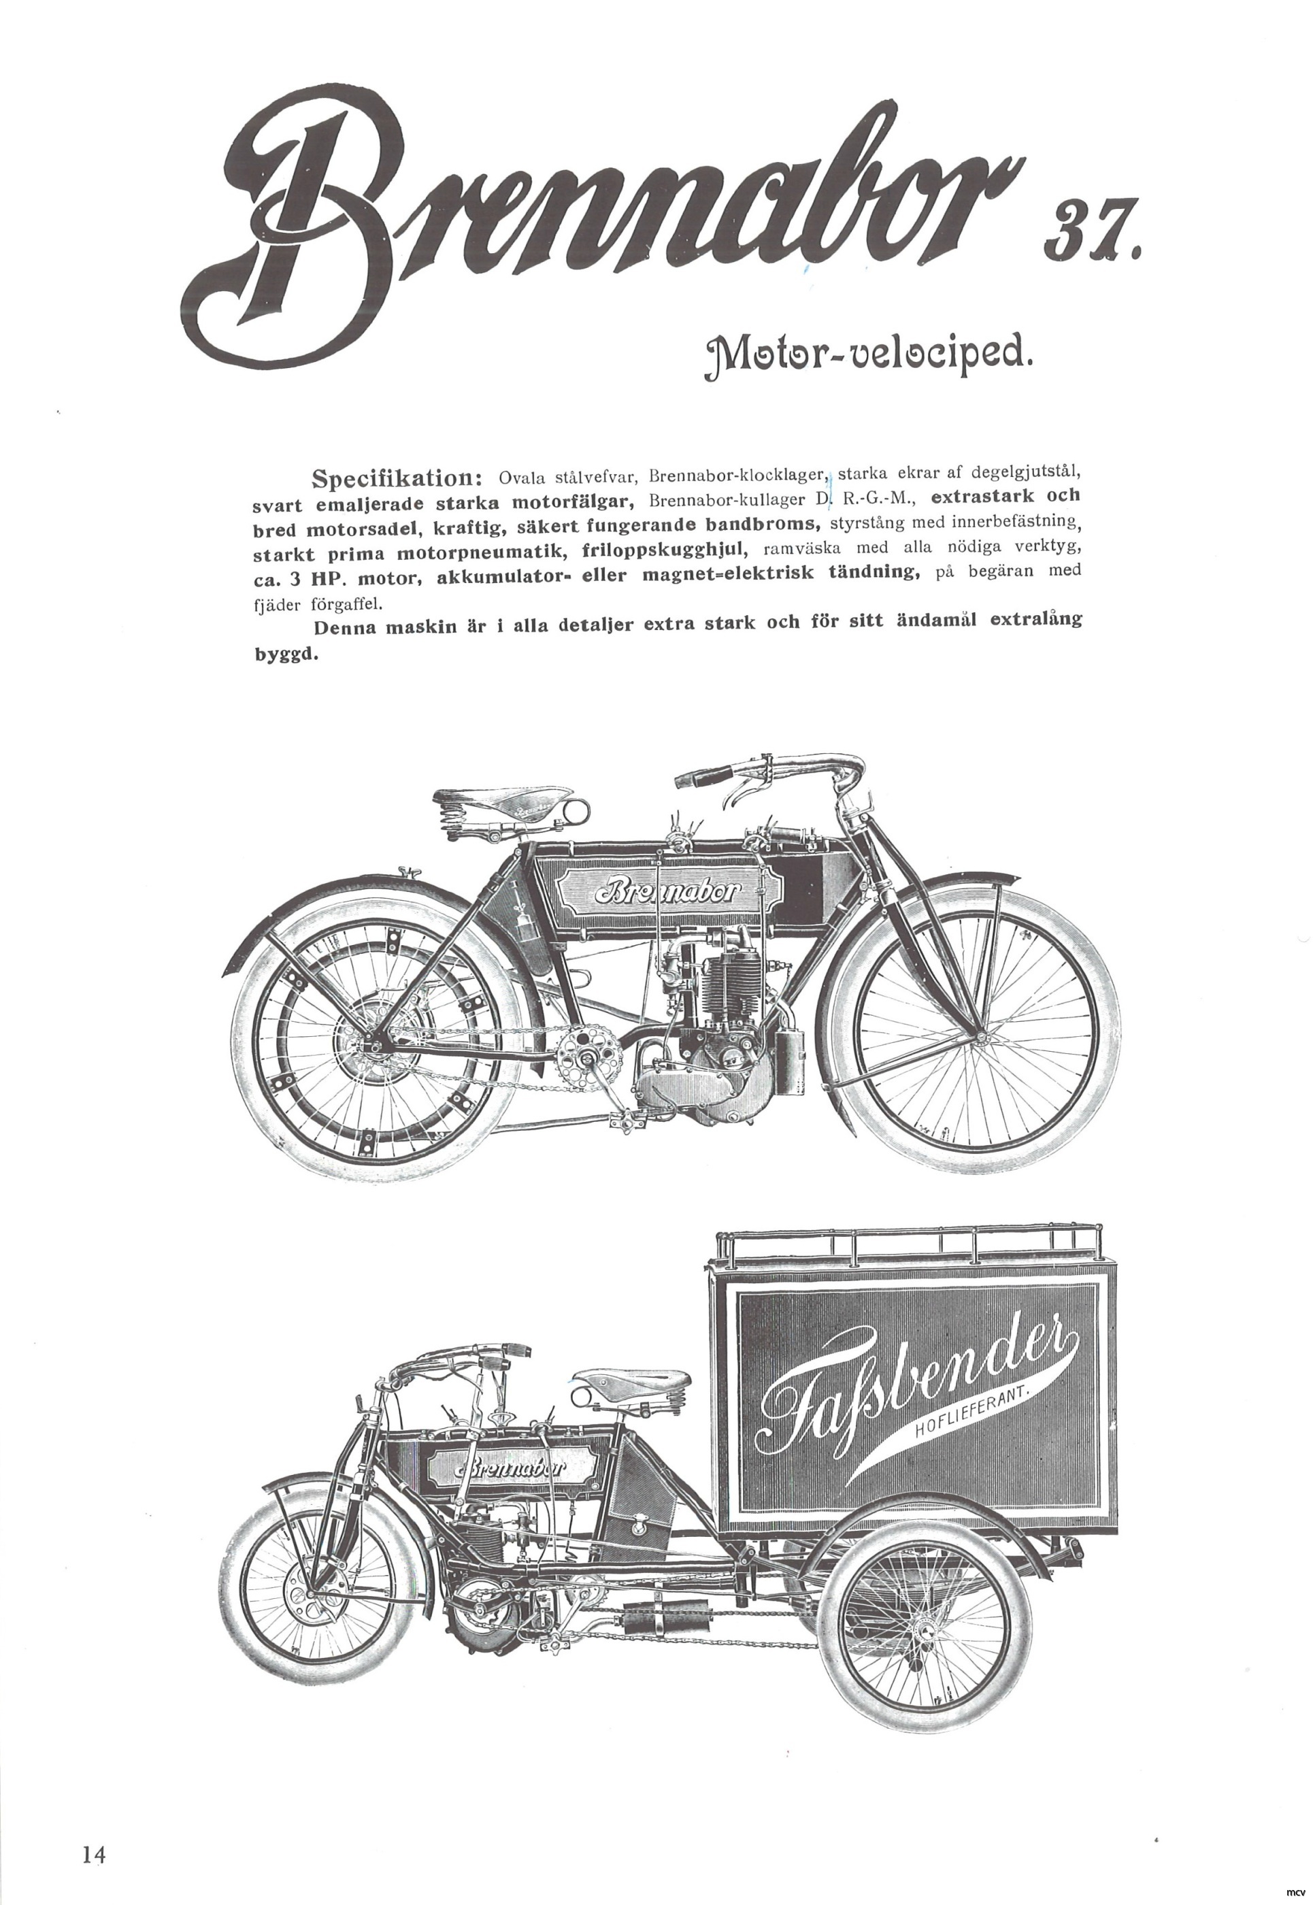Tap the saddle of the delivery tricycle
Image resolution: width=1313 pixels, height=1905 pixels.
[637, 1381]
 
